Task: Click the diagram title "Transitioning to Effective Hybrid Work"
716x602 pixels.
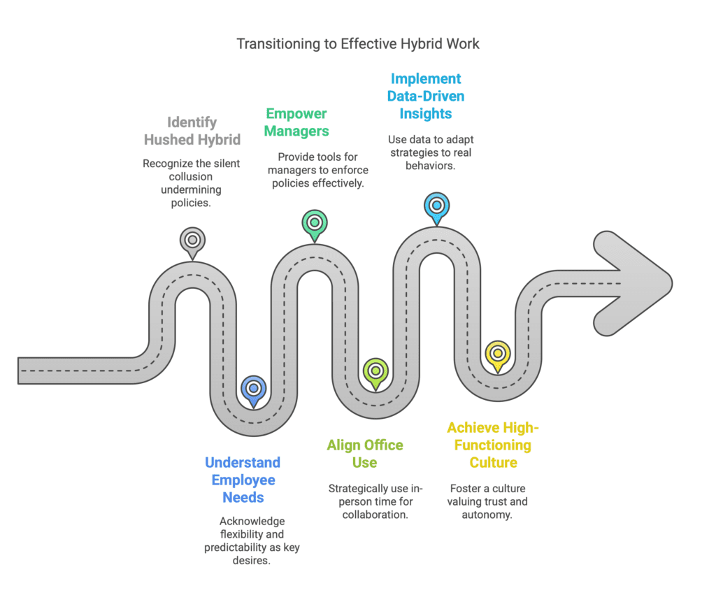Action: pyautogui.click(x=358, y=43)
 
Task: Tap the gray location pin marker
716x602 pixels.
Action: pyautogui.click(x=192, y=240)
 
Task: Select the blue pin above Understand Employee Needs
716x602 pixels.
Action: pyautogui.click(x=252, y=389)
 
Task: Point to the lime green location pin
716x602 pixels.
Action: pyautogui.click(x=375, y=371)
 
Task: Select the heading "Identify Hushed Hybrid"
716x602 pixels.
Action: pyautogui.click(x=192, y=131)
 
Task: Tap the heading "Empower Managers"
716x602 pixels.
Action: pyautogui.click(x=296, y=122)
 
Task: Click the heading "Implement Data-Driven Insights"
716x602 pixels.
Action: pyautogui.click(x=426, y=96)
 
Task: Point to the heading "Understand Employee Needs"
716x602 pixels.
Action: pyautogui.click(x=243, y=480)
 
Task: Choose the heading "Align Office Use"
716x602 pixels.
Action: pyautogui.click(x=364, y=453)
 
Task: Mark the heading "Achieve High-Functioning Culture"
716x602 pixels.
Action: pyautogui.click(x=493, y=445)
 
